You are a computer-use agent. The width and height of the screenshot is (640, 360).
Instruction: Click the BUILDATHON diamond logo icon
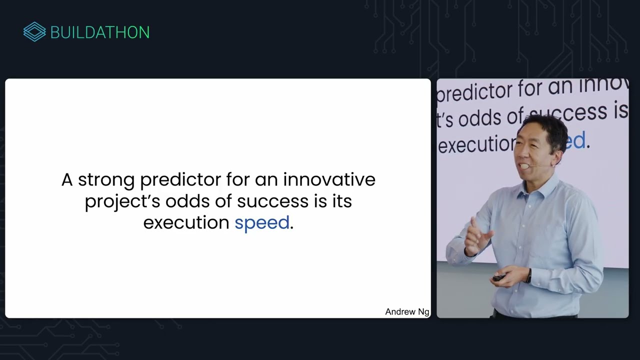(34, 32)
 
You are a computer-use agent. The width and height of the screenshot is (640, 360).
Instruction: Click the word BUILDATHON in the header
(100, 32)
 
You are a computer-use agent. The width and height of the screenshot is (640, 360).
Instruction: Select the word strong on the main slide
(106, 179)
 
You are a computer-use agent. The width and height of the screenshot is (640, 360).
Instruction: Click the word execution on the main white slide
(186, 222)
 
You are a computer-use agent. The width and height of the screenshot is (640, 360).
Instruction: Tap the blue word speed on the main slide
(262, 223)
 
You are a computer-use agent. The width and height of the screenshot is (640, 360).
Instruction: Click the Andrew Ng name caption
(407, 311)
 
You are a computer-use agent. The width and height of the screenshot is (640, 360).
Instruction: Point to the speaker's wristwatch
(528, 275)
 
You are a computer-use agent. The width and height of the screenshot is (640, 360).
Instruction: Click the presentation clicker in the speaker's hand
(498, 277)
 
